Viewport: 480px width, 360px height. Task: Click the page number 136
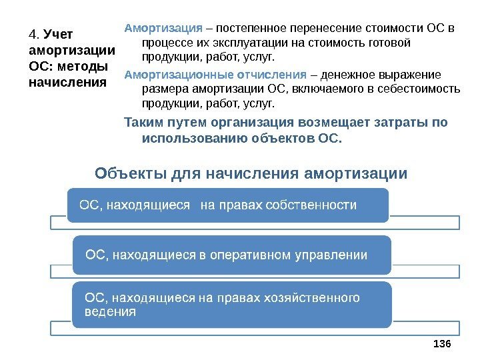pos(442,343)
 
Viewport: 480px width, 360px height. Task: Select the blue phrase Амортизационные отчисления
pos(216,74)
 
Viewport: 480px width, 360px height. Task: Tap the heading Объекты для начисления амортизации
pos(251,174)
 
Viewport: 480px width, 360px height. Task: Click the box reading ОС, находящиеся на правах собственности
pos(227,205)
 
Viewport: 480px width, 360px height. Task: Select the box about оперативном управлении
pos(231,254)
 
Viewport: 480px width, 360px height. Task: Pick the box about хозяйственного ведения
pos(231,304)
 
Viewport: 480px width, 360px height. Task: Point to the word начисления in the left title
pos(68,83)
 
